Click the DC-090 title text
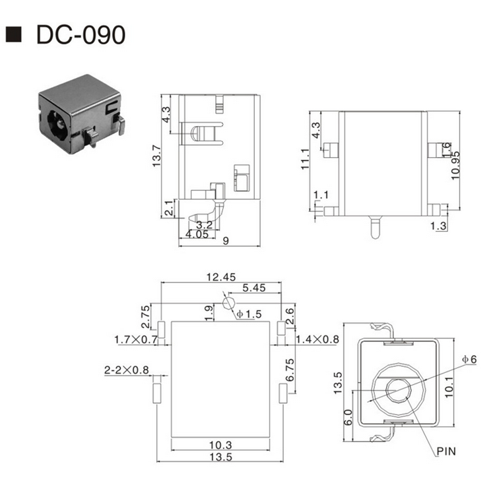coord(79,35)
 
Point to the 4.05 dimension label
coord(197,234)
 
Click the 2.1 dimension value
coord(170,209)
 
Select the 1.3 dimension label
coord(438,226)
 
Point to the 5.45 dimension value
coord(254,288)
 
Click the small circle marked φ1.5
coord(228,304)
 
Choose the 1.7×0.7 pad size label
coord(136,339)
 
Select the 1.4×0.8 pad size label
coord(317,339)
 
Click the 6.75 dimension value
coord(290,372)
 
